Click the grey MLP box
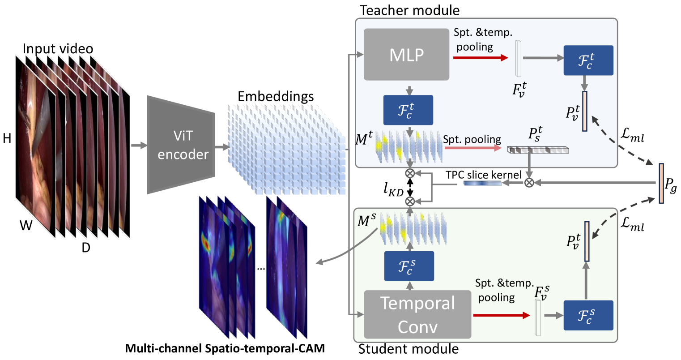406,55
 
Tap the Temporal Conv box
417,315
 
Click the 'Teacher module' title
409,10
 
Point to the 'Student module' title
409,349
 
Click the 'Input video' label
58,48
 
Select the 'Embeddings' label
276,96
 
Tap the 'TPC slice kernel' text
483,175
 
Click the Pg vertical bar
661,184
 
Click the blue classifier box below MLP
408,110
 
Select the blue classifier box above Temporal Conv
409,266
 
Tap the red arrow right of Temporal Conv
501,316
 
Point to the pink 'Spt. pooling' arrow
472,148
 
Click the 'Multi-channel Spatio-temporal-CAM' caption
225,348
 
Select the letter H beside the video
7,139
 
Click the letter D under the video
86,247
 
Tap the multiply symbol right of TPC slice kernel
529,182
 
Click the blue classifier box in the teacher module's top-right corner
588,60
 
